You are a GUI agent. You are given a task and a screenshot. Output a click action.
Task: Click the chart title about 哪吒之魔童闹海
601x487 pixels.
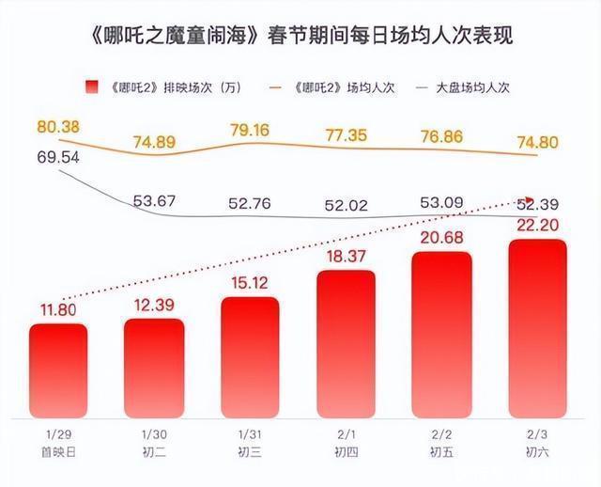tap(300, 38)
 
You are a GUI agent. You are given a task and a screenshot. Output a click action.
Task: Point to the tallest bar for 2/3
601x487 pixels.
tap(538, 329)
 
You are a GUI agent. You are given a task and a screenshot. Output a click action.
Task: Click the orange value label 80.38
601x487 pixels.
tap(58, 125)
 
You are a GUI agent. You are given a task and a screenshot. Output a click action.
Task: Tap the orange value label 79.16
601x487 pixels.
tap(250, 129)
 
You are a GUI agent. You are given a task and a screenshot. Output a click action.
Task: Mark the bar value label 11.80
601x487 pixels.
tap(58, 309)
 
